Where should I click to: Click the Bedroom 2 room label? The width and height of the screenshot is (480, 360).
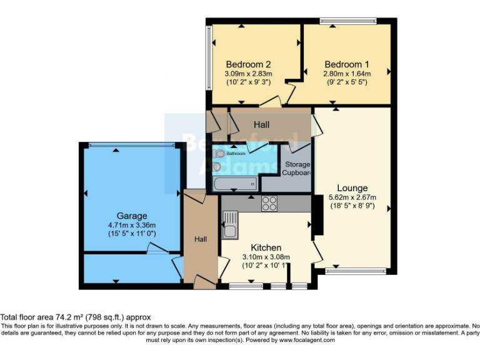click(248, 64)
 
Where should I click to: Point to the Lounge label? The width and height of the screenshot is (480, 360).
click(352, 187)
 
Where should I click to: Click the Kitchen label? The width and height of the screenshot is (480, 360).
click(266, 247)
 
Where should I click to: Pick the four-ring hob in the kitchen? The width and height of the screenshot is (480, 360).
click(269, 203)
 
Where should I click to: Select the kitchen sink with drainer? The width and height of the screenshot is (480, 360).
click(229, 225)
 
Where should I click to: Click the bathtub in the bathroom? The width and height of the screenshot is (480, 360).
click(234, 184)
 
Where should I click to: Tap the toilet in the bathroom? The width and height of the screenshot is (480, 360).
click(217, 153)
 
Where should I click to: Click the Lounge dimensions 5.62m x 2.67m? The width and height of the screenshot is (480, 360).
click(352, 198)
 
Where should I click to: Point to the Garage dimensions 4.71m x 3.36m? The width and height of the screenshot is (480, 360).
click(131, 225)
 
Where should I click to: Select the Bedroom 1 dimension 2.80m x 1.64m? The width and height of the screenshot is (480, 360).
click(347, 74)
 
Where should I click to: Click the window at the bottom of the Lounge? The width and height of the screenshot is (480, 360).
click(356, 271)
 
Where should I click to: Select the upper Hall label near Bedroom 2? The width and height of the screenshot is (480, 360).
click(261, 125)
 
